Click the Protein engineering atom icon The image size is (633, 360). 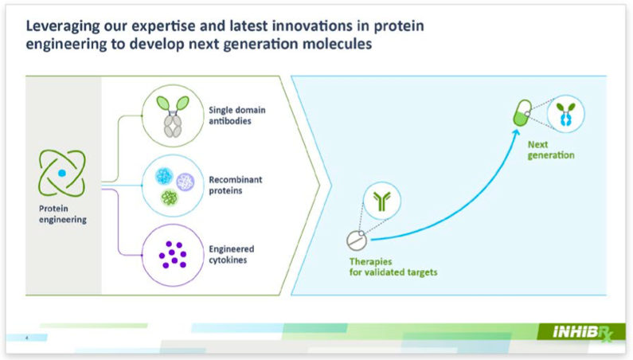tap(62, 174)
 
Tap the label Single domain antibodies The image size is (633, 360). tap(237, 115)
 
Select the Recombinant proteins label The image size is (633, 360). tap(236, 185)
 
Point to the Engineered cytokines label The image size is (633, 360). tap(232, 255)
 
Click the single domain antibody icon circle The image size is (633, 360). tap(173, 116)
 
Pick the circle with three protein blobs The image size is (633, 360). tap(173, 186)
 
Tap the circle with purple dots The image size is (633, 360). tap(173, 255)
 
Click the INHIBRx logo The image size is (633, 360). tap(583, 333)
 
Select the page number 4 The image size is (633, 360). tap(26, 338)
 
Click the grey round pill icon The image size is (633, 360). tap(357, 241)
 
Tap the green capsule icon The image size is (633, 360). tap(522, 113)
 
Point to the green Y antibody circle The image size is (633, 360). tap(382, 201)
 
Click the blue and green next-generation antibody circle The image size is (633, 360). tap(565, 114)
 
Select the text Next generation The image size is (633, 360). tap(551, 150)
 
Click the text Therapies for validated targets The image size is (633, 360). tap(393, 267)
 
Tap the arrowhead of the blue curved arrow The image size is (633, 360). tap(516, 133)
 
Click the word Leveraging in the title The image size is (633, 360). tap(63, 26)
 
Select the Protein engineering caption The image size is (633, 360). tap(63, 214)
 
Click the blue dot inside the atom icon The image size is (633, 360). tap(62, 174)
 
